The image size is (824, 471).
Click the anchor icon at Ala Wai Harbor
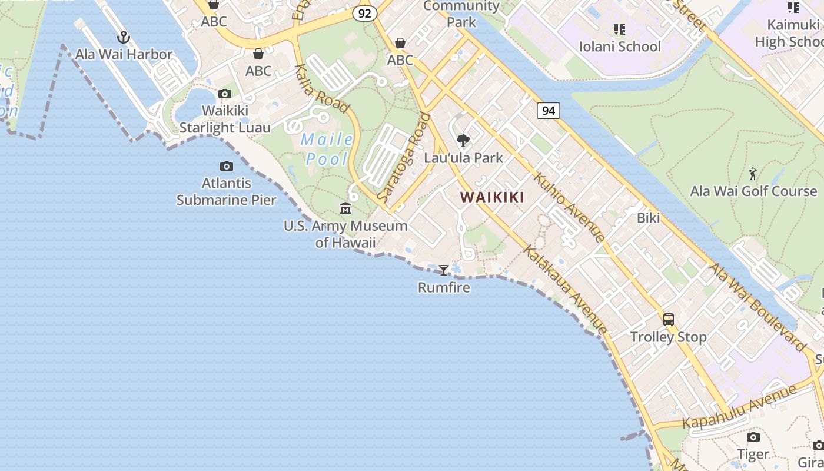(123, 38)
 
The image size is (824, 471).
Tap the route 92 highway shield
(365, 14)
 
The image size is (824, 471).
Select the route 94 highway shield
(548, 111)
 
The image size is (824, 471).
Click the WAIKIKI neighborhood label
(492, 197)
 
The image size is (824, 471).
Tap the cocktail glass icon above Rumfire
(444, 270)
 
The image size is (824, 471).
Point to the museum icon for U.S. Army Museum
(345, 208)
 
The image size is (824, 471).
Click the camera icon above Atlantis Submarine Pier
(226, 167)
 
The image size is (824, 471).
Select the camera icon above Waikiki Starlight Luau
(224, 94)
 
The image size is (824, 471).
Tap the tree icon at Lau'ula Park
(463, 141)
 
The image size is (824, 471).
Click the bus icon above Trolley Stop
(669, 320)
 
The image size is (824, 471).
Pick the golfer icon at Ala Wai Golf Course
(753, 174)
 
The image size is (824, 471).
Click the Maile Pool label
(327, 150)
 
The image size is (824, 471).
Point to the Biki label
(648, 218)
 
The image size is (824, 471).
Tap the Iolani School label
(620, 47)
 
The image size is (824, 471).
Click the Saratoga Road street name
(404, 158)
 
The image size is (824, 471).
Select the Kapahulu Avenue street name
(740, 406)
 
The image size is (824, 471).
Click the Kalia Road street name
(322, 89)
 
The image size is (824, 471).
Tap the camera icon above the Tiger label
(753, 437)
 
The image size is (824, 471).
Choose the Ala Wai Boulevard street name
(757, 307)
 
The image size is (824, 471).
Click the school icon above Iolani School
(619, 29)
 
